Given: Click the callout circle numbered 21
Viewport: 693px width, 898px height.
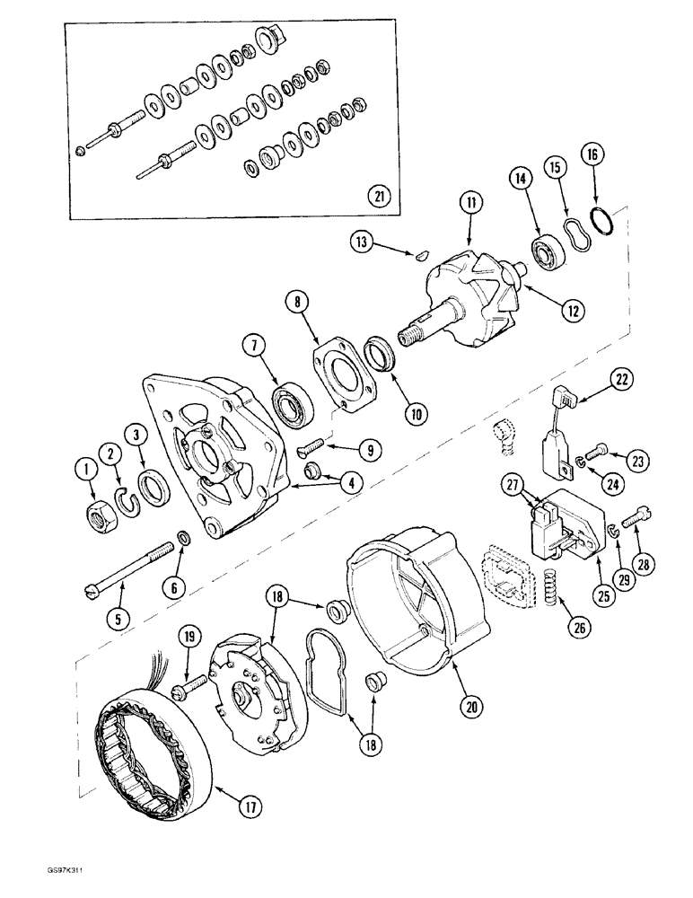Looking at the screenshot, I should (x=380, y=195).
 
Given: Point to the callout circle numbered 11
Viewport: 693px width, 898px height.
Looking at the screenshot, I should (x=468, y=205).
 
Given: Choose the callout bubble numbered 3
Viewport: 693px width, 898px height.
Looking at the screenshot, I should (x=136, y=434).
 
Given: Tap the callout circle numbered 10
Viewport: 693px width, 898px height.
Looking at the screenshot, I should (x=417, y=414).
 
